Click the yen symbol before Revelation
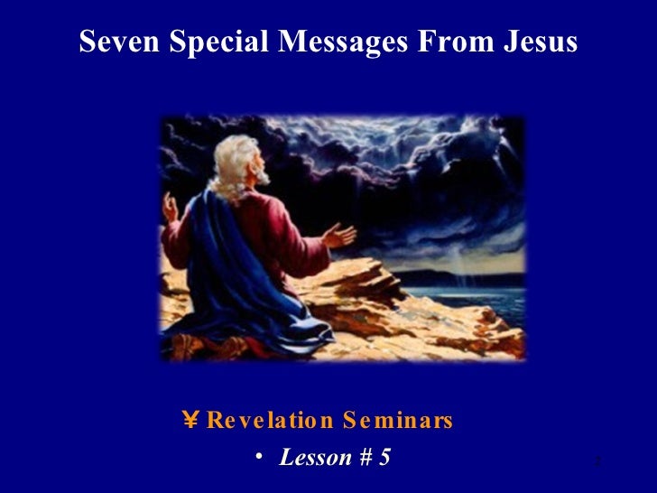(x=190, y=420)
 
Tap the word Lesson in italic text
(x=313, y=458)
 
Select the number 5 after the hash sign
(x=384, y=458)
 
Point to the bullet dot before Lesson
(x=259, y=458)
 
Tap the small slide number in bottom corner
(x=597, y=462)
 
